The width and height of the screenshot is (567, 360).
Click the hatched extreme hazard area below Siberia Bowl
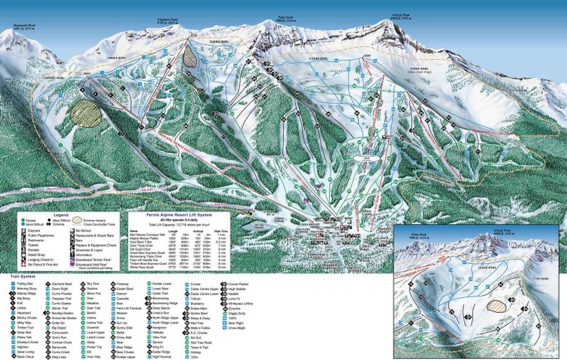(x=86, y=112)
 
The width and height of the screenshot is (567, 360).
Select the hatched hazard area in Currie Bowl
(x=191, y=56)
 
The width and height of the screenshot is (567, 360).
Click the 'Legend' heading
(x=61, y=216)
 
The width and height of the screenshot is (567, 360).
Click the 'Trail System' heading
(x=21, y=277)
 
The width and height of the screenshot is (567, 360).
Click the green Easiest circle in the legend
(x=21, y=220)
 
